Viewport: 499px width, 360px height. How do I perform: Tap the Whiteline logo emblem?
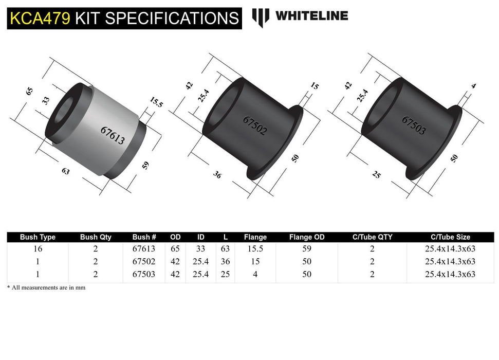click(x=261, y=17)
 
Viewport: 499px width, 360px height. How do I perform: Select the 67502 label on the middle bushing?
click(x=255, y=125)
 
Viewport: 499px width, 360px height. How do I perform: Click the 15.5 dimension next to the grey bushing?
click(x=156, y=102)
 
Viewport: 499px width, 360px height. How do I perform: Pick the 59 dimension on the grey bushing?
click(x=146, y=165)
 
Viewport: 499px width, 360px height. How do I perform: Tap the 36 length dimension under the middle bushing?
click(x=217, y=175)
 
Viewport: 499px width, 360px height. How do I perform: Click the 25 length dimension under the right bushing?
click(x=376, y=175)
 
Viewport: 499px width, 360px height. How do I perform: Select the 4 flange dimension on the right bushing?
click(x=473, y=86)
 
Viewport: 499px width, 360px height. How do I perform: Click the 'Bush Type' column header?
click(x=38, y=237)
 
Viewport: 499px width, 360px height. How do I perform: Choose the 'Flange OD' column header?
click(x=307, y=237)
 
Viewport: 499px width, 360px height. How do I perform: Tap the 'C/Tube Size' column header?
click(x=450, y=237)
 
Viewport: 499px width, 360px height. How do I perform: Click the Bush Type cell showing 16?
click(x=38, y=249)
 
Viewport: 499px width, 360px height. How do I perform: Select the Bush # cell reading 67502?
click(x=144, y=262)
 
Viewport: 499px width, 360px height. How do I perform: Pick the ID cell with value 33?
click(x=201, y=249)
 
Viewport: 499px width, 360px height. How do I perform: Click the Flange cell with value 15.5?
click(x=255, y=249)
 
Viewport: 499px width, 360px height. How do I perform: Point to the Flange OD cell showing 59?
click(x=307, y=249)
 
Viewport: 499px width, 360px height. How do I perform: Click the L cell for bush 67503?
click(x=225, y=275)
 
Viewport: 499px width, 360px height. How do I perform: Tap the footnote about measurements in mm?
click(x=46, y=288)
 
